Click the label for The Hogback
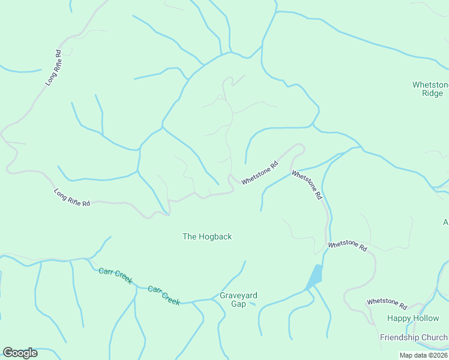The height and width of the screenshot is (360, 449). point(207,236)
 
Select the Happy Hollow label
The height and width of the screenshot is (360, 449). point(413,318)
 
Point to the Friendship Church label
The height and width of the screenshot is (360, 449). point(414,337)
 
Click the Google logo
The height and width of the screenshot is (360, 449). point(20,353)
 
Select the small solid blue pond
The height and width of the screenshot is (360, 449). point(314,277)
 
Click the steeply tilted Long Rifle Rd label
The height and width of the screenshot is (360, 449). point(53,67)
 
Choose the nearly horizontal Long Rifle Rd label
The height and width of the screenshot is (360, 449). point(72,198)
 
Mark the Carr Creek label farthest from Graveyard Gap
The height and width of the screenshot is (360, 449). point(115,276)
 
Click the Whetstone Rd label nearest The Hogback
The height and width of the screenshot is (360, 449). point(260,173)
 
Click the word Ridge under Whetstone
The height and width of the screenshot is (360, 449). point(432,94)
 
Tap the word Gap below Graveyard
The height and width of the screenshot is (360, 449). point(238,304)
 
